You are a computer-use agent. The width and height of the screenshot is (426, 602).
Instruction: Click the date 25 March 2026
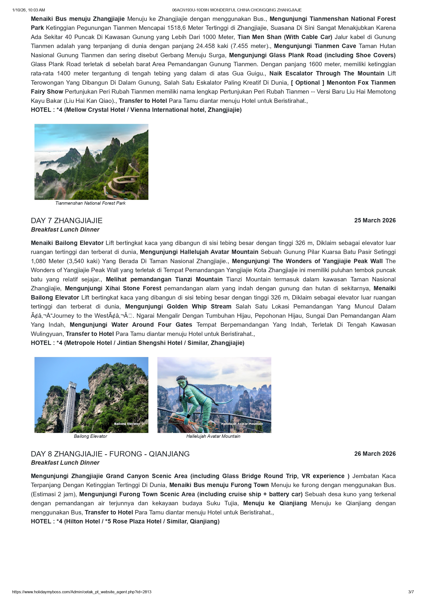coord(375,220)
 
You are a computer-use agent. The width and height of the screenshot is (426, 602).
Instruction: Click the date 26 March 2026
coord(375,454)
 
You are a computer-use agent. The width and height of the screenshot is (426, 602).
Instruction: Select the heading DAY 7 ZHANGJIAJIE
coord(67,221)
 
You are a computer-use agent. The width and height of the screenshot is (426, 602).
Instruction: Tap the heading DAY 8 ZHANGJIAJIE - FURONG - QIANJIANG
coord(110,454)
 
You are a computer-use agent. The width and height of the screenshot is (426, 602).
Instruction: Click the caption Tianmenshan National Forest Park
coord(90,203)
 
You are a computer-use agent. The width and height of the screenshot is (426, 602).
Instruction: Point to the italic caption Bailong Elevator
coord(90,436)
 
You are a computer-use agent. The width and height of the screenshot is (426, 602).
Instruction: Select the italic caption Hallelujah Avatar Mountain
coord(213,436)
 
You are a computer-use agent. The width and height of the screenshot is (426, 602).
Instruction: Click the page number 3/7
coord(411,592)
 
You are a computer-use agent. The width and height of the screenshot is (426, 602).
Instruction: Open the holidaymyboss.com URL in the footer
coord(82,592)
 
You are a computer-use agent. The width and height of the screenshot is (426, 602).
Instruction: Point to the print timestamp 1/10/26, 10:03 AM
coord(29,10)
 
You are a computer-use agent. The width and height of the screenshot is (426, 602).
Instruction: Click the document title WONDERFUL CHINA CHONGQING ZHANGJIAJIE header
coord(237,10)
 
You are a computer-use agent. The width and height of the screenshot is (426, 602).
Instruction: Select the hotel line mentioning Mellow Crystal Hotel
coord(136,110)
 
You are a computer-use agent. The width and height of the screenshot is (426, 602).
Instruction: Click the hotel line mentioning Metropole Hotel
coord(137,343)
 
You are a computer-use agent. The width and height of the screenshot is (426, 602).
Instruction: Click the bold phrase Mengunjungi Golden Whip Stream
coord(178,307)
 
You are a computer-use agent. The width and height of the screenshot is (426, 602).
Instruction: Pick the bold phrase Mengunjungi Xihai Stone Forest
coord(113,288)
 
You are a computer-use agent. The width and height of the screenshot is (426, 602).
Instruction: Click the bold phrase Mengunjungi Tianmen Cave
coord(315,46)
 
